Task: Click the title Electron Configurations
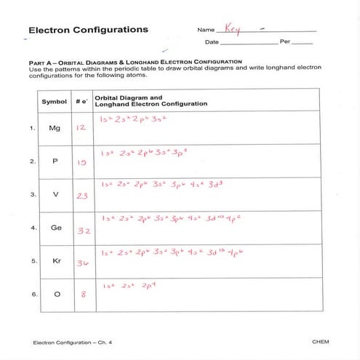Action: pyautogui.click(x=87, y=31)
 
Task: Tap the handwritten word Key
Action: pyautogui.click(x=232, y=30)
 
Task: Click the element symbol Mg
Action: pyautogui.click(x=54, y=128)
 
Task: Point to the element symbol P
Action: pyautogui.click(x=54, y=161)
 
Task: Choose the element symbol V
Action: pyautogui.click(x=54, y=195)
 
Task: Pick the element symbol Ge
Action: pyautogui.click(x=55, y=228)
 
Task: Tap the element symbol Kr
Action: pyautogui.click(x=55, y=260)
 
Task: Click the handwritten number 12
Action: pyautogui.click(x=81, y=128)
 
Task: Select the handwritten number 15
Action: pyautogui.click(x=81, y=162)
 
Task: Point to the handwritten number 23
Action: pyautogui.click(x=81, y=196)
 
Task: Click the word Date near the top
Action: pyautogui.click(x=212, y=42)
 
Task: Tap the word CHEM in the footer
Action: pyautogui.click(x=320, y=341)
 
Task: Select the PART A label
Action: pyautogui.click(x=39, y=63)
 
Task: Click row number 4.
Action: pyautogui.click(x=32, y=228)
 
